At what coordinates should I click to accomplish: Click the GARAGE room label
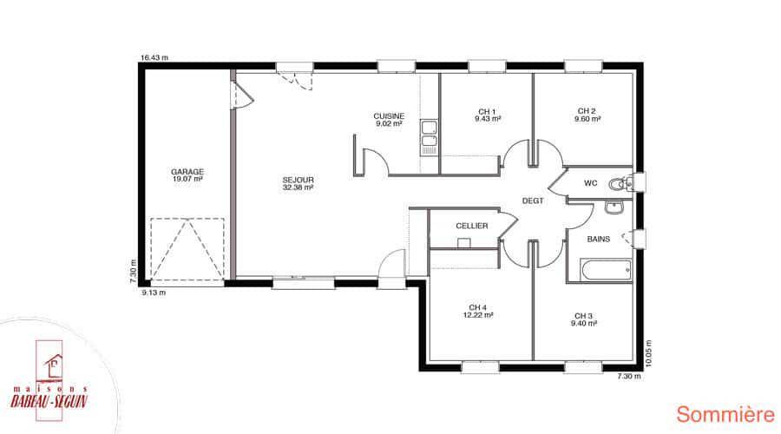187,172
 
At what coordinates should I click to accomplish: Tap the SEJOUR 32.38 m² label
298,184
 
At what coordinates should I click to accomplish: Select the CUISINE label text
389,116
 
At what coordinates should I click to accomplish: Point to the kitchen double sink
429,137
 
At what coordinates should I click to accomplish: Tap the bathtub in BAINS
607,271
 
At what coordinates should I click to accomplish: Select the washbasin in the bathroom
614,207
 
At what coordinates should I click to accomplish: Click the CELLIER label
472,226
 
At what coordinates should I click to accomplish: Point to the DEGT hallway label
533,201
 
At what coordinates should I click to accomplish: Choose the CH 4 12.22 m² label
477,312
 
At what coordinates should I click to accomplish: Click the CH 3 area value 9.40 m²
584,324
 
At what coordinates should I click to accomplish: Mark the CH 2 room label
587,111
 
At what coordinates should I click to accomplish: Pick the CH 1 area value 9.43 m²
488,119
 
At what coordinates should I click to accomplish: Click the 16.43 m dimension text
154,58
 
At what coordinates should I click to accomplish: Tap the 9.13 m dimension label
154,293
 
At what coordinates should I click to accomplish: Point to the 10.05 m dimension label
648,354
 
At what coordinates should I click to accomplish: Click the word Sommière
725,415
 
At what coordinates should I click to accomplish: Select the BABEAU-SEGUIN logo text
49,401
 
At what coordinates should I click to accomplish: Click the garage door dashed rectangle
187,249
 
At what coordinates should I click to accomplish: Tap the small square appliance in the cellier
464,243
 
